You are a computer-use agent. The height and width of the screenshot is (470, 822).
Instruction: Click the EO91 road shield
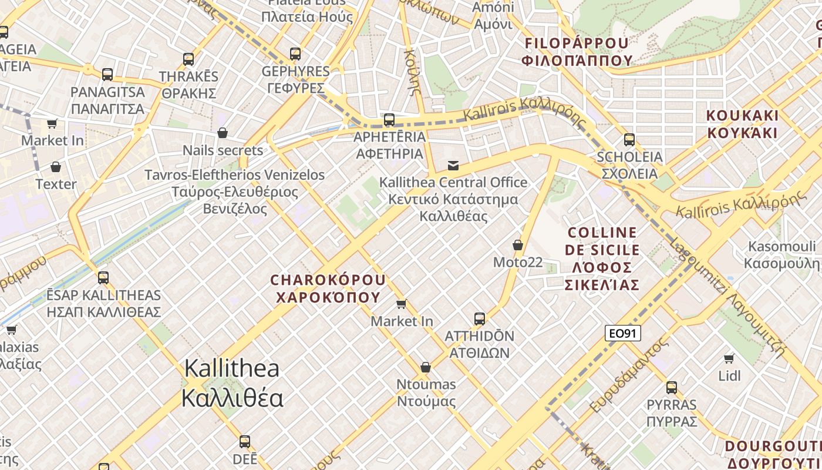click(622, 334)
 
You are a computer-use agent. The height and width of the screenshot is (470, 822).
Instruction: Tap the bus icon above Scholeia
click(629, 140)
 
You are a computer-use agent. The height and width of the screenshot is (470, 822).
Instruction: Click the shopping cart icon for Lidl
click(729, 358)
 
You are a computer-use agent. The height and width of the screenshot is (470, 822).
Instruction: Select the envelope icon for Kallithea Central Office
click(453, 165)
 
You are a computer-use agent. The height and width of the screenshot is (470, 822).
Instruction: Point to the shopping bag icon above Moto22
click(518, 244)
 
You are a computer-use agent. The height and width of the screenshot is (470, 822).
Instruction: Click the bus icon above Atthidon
click(480, 319)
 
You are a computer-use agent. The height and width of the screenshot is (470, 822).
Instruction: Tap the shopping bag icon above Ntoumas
click(426, 367)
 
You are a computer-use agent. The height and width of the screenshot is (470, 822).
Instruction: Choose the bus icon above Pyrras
click(672, 388)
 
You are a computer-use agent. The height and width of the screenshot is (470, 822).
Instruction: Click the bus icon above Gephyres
click(295, 54)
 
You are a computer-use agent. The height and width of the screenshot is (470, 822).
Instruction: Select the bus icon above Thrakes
click(188, 59)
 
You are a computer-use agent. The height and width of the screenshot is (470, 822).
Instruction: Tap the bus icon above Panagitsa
click(107, 75)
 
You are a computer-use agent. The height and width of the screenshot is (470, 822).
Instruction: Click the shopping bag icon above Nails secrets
click(223, 133)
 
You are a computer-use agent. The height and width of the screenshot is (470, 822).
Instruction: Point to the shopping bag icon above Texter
click(56, 167)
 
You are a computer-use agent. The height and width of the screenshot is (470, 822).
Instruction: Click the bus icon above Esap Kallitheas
click(103, 277)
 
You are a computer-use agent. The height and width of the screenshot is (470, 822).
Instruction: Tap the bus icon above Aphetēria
click(389, 120)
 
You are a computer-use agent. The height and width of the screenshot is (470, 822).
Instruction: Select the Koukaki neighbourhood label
click(742, 123)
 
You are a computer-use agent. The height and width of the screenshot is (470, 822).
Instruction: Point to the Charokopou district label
click(328, 288)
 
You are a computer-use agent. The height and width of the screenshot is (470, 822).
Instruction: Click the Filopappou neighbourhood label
click(578, 52)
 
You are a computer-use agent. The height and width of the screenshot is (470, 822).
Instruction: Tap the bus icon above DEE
click(245, 442)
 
